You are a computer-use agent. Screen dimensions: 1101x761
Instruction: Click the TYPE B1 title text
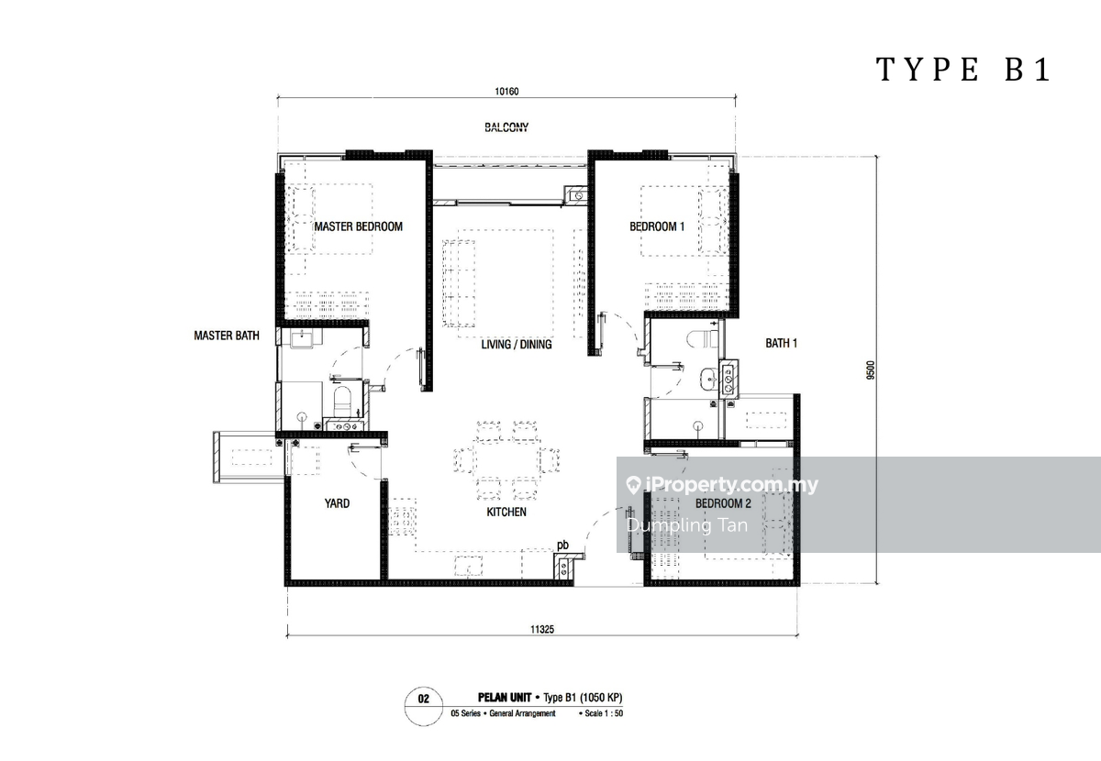pyautogui.click(x=963, y=70)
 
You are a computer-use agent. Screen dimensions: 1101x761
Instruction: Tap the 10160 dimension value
pyautogui.click(x=506, y=92)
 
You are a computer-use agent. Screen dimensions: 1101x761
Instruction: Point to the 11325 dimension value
pyautogui.click(x=541, y=629)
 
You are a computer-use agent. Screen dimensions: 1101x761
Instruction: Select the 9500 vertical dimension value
pyautogui.click(x=871, y=370)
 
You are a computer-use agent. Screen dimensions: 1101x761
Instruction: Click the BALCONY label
pyautogui.click(x=506, y=127)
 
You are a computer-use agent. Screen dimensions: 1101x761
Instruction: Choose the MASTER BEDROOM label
pyautogui.click(x=359, y=226)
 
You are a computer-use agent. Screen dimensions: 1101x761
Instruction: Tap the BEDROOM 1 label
pyautogui.click(x=657, y=226)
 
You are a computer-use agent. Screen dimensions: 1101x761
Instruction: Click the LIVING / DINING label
pyautogui.click(x=516, y=345)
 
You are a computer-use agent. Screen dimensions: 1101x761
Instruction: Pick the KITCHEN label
pyautogui.click(x=506, y=512)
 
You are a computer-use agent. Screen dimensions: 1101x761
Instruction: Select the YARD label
pyautogui.click(x=338, y=503)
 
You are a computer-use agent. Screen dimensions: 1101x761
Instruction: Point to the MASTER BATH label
pyautogui.click(x=227, y=336)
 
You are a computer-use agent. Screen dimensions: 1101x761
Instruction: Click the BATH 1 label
pyautogui.click(x=781, y=343)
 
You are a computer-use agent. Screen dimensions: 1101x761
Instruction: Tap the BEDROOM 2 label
pyautogui.click(x=723, y=503)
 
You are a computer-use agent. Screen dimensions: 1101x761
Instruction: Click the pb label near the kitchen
pyautogui.click(x=562, y=545)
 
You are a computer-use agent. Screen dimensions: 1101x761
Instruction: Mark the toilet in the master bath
pyautogui.click(x=342, y=401)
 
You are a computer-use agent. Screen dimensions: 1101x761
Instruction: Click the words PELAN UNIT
pyautogui.click(x=505, y=698)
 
